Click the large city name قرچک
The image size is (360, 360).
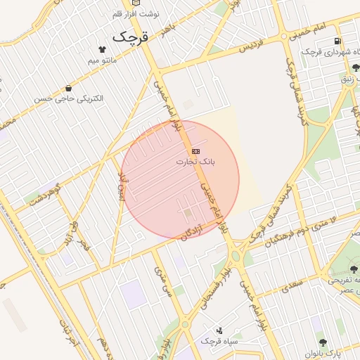[131, 35]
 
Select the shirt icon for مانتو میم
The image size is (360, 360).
[104, 49]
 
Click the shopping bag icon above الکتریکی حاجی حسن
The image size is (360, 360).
[68, 88]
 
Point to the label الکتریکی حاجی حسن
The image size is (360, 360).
[68, 98]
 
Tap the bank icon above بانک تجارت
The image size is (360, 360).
[195, 151]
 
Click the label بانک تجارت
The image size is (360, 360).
[196, 162]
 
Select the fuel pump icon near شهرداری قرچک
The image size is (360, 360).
[338, 41]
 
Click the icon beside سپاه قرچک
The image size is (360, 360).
[220, 330]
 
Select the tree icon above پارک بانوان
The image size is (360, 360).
[323, 342]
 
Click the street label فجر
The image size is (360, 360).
[85, 245]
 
